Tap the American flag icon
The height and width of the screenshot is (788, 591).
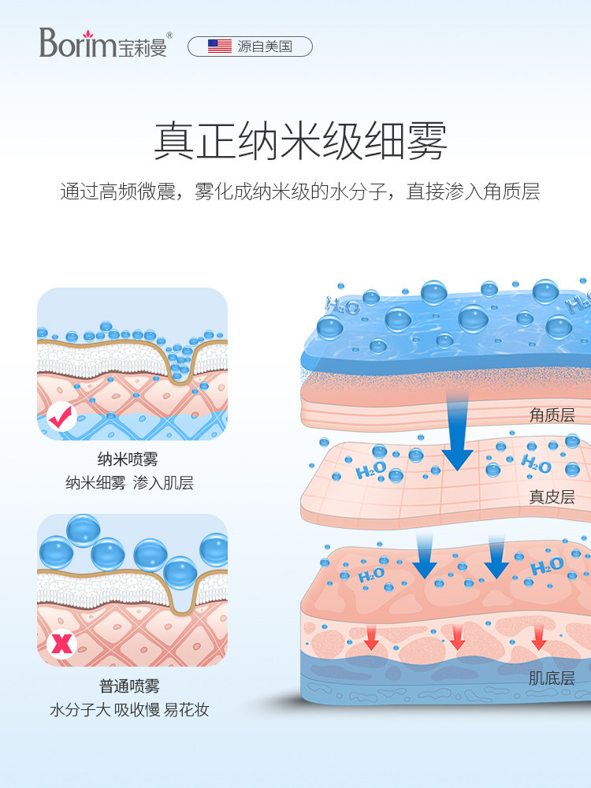click(219, 46)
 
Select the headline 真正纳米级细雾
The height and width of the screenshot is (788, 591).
click(300, 142)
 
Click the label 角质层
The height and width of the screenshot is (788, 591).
click(552, 415)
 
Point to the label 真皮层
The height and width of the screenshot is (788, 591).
click(552, 497)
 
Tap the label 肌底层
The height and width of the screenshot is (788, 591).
click(552, 678)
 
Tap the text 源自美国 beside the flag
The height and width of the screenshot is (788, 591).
click(265, 46)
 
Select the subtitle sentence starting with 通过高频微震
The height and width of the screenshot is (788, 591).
click(300, 191)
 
